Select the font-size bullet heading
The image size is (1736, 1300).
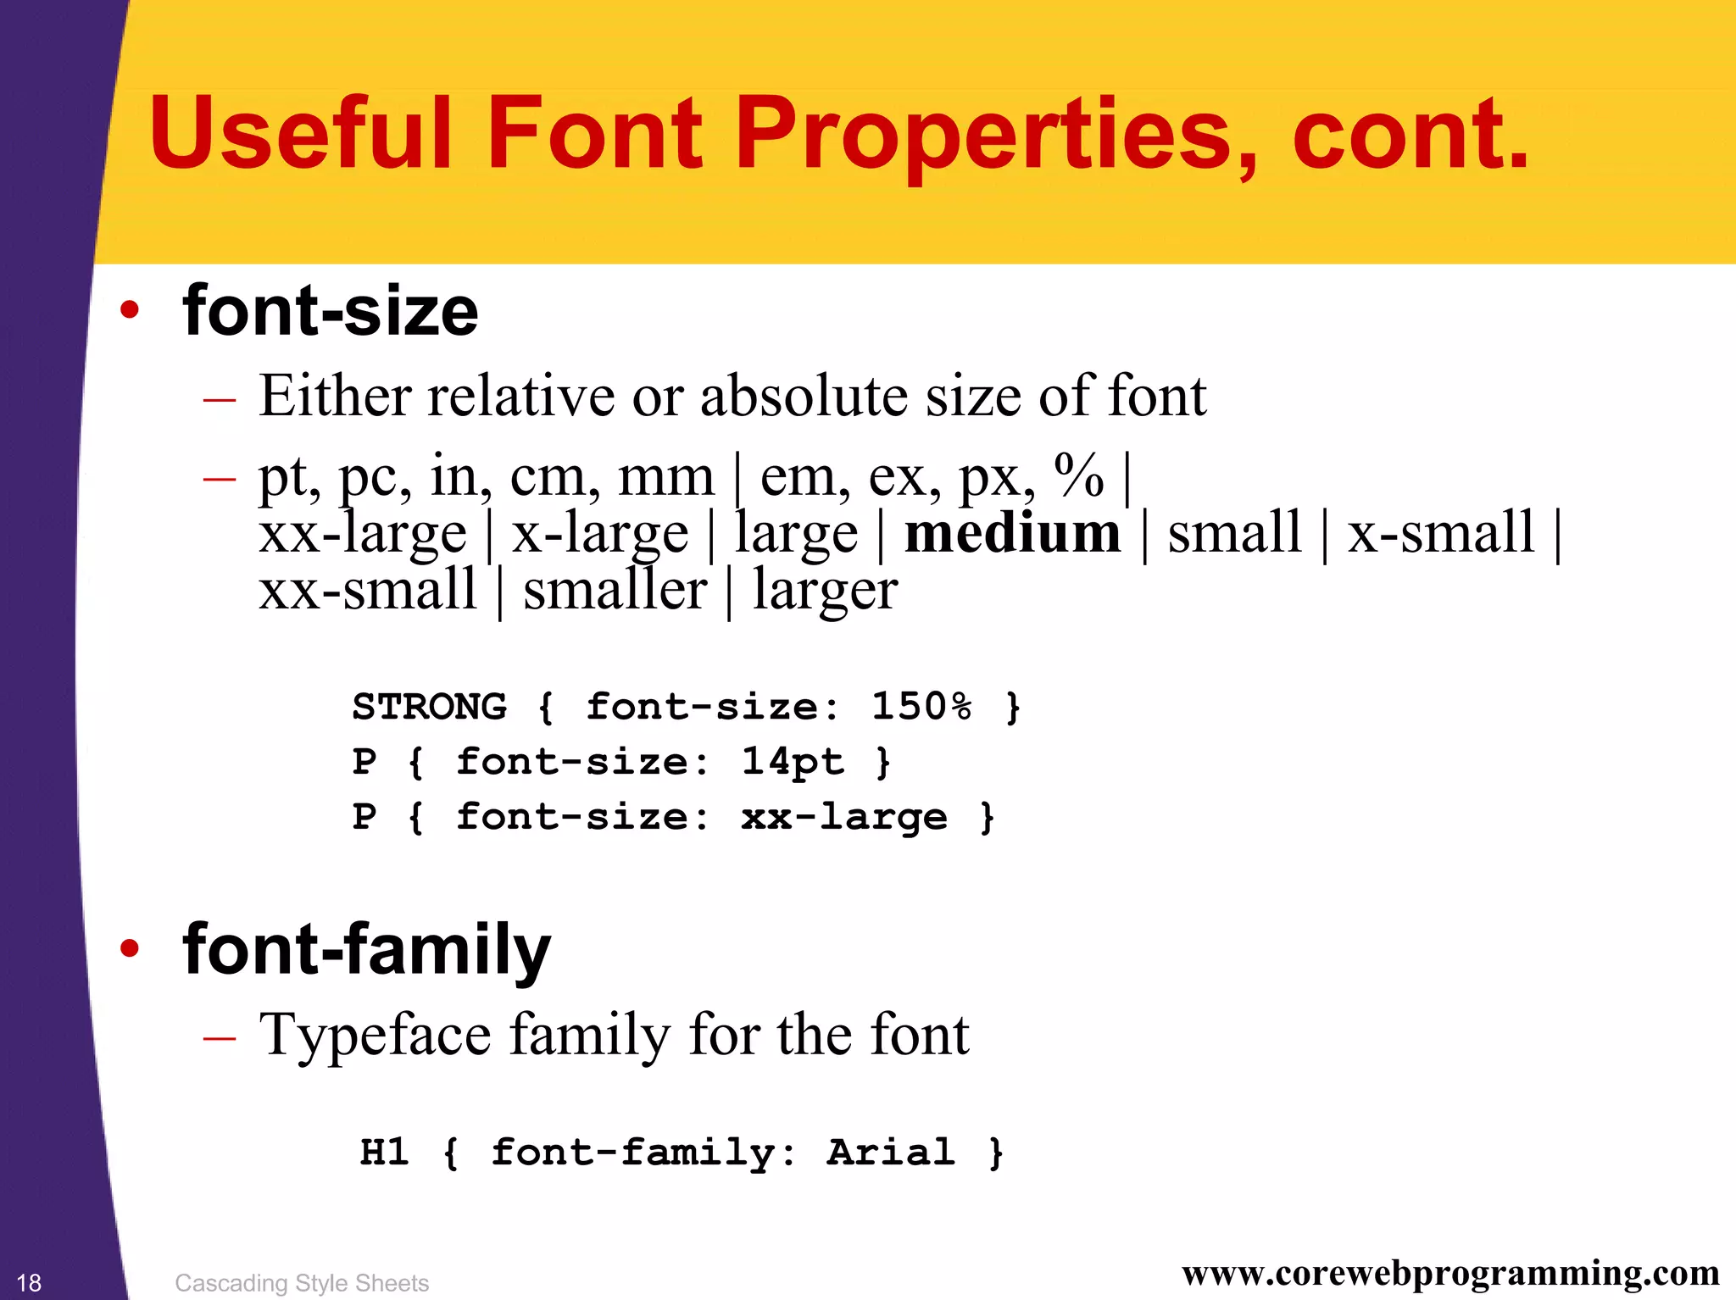(x=331, y=311)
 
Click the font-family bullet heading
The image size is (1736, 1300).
(x=366, y=950)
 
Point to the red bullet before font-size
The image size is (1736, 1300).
(x=129, y=310)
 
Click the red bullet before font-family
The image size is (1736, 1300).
(x=129, y=948)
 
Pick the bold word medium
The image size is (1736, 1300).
(x=1012, y=534)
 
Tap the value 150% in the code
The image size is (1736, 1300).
(x=922, y=706)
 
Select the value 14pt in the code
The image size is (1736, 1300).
(x=793, y=761)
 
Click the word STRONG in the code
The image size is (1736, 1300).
(x=430, y=706)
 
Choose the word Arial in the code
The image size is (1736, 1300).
(x=891, y=1153)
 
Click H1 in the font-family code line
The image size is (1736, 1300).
(x=385, y=1153)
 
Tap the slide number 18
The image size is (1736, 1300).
(x=29, y=1283)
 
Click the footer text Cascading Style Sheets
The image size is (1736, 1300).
(x=302, y=1283)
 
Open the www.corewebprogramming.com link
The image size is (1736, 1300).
(x=1450, y=1273)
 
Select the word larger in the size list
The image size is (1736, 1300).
(x=825, y=591)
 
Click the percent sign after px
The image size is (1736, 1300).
(x=1079, y=475)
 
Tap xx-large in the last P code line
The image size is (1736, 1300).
(x=844, y=817)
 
